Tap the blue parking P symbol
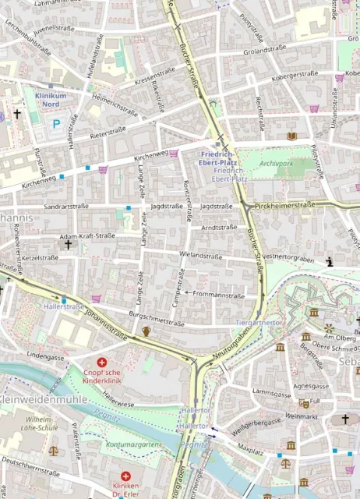[x=55, y=123]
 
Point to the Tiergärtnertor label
[x=258, y=322]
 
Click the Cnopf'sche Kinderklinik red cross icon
[x=101, y=363]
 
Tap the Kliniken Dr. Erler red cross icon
[x=125, y=476]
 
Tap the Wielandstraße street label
[x=200, y=256]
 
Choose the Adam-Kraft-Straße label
[x=87, y=235]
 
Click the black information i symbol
[x=330, y=262]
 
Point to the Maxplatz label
[x=251, y=450]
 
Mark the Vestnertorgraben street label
[x=294, y=257]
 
